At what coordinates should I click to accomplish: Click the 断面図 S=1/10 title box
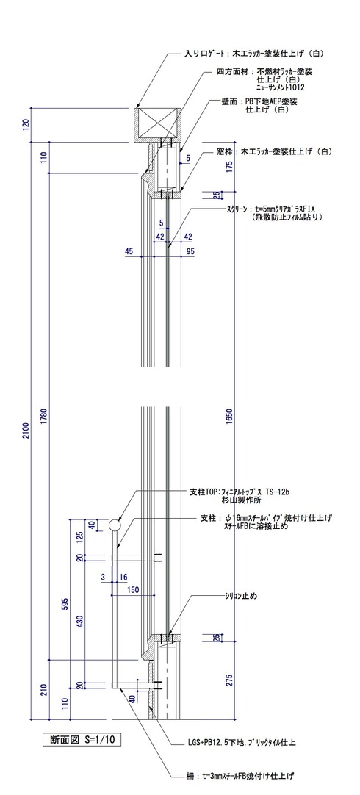coord(80,740)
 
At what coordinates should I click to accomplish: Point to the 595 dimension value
coord(65,604)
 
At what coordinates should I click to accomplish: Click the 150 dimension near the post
coord(133,589)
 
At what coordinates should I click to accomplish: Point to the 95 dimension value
coord(190,252)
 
